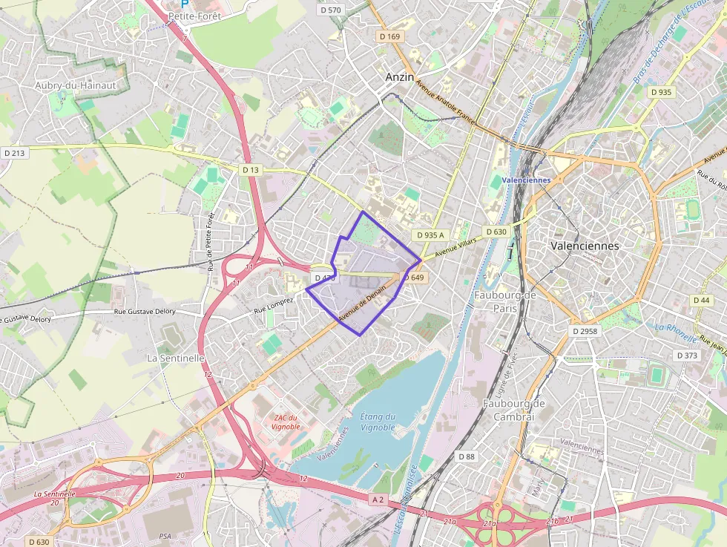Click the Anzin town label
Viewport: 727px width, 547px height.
click(401, 76)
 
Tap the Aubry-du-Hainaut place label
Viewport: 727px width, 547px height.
click(76, 85)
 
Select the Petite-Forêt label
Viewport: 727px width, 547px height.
click(191, 15)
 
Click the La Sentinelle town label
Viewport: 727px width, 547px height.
click(176, 357)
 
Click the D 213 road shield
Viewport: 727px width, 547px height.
click(14, 153)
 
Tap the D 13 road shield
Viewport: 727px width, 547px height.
click(251, 170)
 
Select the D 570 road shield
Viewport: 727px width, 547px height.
click(329, 10)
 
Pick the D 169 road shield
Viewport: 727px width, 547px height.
click(389, 36)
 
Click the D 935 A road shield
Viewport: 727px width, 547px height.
click(430, 235)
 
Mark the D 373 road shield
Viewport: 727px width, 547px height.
click(688, 356)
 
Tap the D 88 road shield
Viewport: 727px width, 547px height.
click(466, 456)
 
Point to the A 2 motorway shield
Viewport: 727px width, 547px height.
click(378, 499)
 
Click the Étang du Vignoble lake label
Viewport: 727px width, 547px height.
click(378, 422)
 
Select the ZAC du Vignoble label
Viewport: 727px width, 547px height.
click(286, 422)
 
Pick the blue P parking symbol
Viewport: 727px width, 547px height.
click(185, 3)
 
